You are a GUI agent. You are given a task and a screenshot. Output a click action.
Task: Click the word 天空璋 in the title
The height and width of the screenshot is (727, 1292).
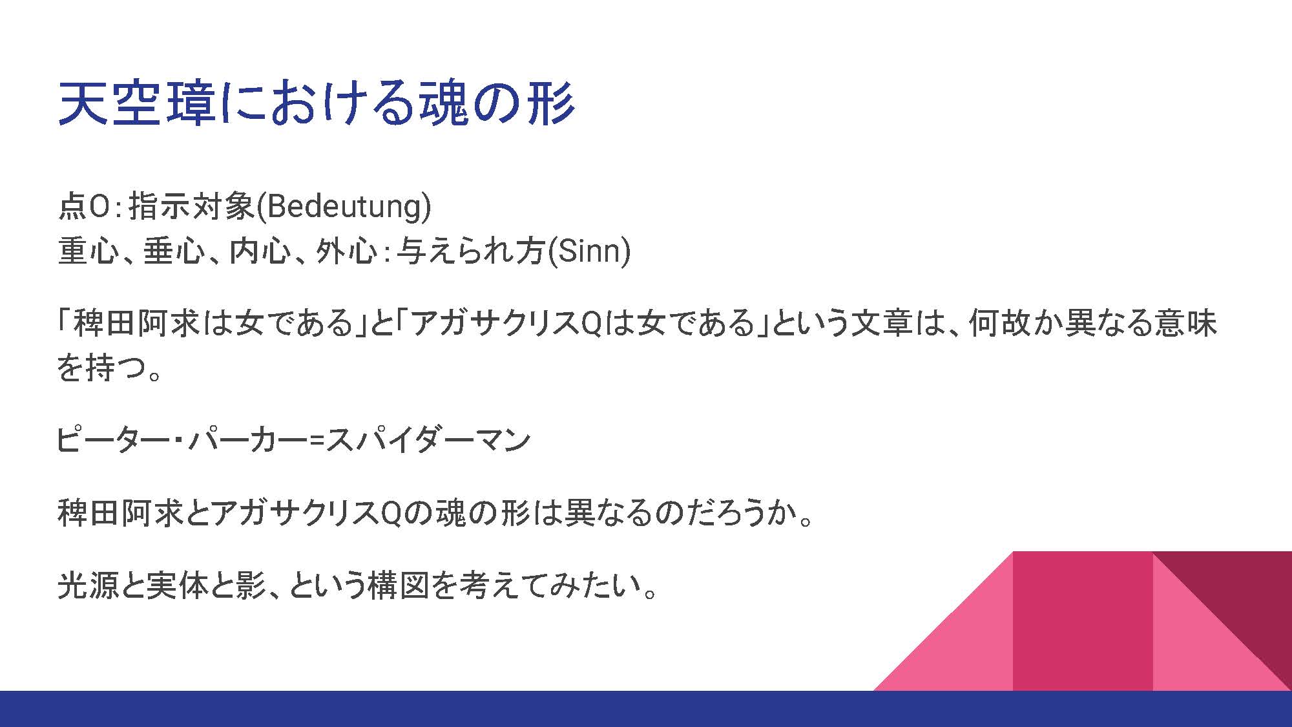tap(137, 103)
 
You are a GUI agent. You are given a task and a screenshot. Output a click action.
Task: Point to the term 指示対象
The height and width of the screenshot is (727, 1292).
tap(192, 207)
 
